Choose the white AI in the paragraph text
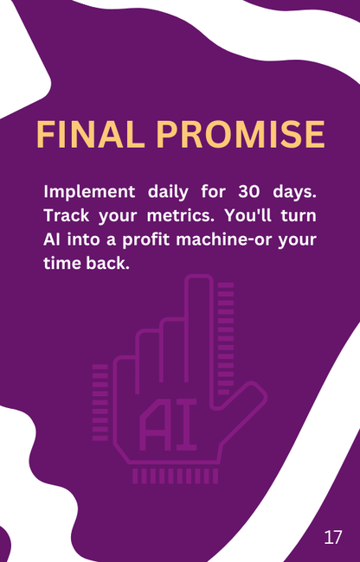tap(53, 239)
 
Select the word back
tap(110, 263)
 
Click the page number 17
tap(333, 537)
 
